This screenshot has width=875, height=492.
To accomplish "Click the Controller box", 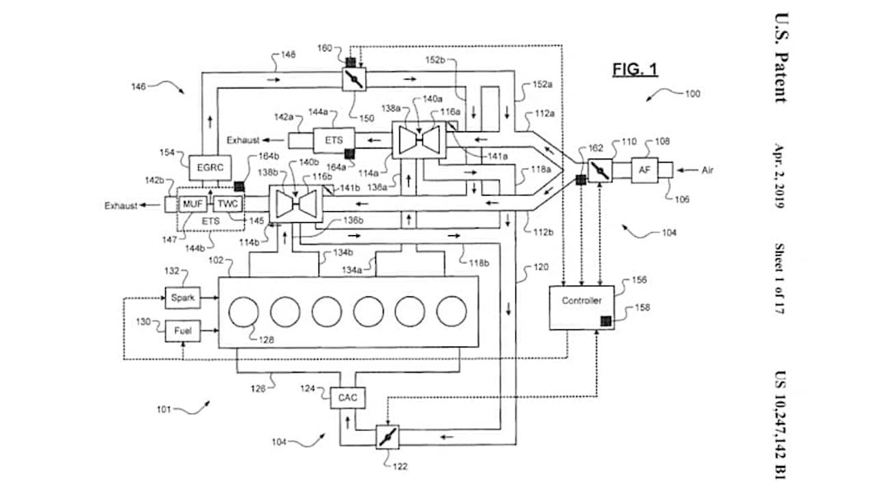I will (x=581, y=301).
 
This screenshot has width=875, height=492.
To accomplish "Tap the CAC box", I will (x=347, y=396).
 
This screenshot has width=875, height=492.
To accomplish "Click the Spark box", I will (x=183, y=298).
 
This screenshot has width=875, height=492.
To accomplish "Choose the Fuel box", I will (x=183, y=331).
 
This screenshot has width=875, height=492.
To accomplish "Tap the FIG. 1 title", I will (x=634, y=70).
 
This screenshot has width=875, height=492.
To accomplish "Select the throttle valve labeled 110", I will (x=601, y=169).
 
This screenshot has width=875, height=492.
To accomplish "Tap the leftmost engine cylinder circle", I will (x=243, y=312).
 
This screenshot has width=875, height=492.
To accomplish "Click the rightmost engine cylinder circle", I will (x=452, y=312).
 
